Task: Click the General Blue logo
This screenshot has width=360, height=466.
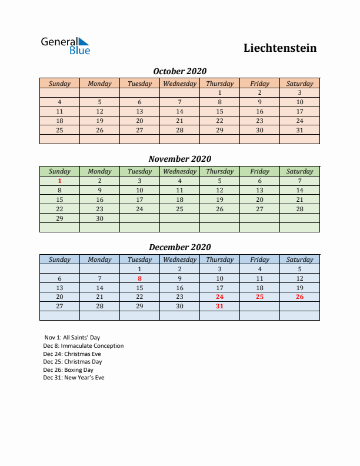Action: [x=65, y=46]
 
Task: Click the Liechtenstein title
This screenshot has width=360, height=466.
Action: [x=280, y=48]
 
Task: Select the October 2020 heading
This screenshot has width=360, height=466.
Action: [x=179, y=71]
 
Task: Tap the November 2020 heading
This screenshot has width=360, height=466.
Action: [x=179, y=159]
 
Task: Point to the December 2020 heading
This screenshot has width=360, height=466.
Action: [x=179, y=247]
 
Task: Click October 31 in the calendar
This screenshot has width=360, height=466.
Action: [x=299, y=130]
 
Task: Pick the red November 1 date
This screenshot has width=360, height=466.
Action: [x=59, y=181]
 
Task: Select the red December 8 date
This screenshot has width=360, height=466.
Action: [x=139, y=279]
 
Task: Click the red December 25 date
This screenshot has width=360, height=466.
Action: [x=259, y=297]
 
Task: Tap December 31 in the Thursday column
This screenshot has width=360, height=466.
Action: [x=219, y=307]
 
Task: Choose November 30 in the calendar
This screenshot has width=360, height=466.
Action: [x=99, y=218]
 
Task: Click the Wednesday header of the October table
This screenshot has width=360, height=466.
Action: [x=179, y=84]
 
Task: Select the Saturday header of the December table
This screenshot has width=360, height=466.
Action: [x=299, y=259]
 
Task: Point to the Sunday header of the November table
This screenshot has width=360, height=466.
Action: [x=59, y=172]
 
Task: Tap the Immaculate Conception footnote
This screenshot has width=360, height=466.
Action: [x=83, y=346]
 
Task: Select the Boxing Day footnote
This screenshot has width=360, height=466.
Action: [x=68, y=370]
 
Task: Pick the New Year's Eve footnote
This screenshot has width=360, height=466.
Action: [x=74, y=378]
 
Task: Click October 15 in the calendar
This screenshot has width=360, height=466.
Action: [x=219, y=111]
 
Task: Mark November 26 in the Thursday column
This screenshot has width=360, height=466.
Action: [x=219, y=209]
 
